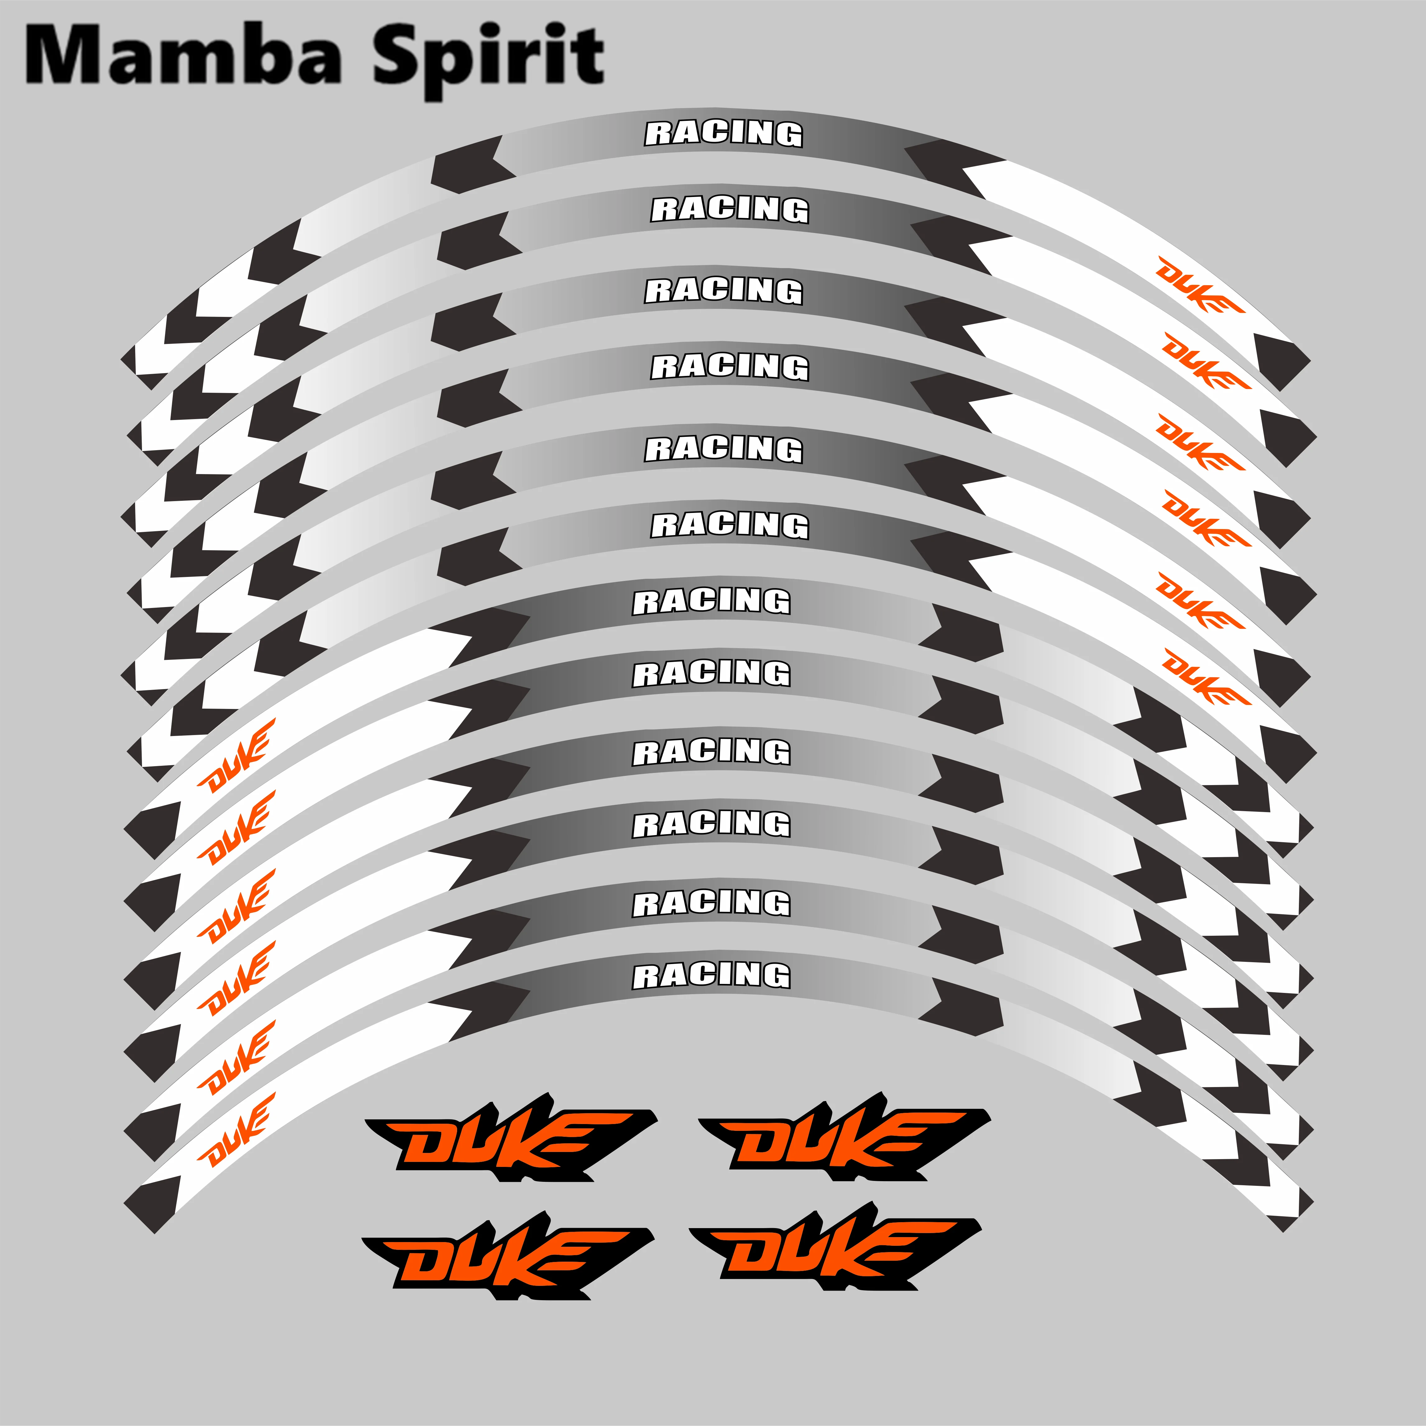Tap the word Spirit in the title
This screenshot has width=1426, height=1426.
point(487,59)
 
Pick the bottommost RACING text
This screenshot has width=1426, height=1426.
point(712,975)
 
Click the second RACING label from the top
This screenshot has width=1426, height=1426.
point(729,210)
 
